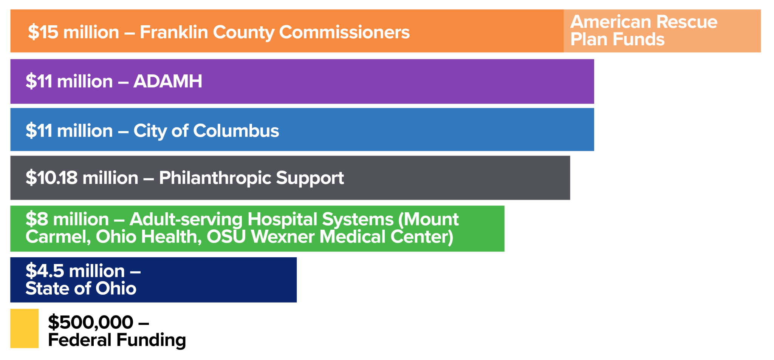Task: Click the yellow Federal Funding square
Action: pyautogui.click(x=24, y=328)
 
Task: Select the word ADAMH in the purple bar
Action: pyautogui.click(x=168, y=81)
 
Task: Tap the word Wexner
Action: pyautogui.click(x=283, y=237)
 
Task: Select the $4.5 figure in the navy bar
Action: pyautogui.click(x=45, y=271)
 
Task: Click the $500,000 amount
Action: pyautogui.click(x=90, y=322)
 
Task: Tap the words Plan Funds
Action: pyautogui.click(x=618, y=39)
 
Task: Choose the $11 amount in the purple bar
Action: pyautogui.click(x=39, y=81)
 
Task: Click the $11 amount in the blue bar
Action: pyautogui.click(x=39, y=131)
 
